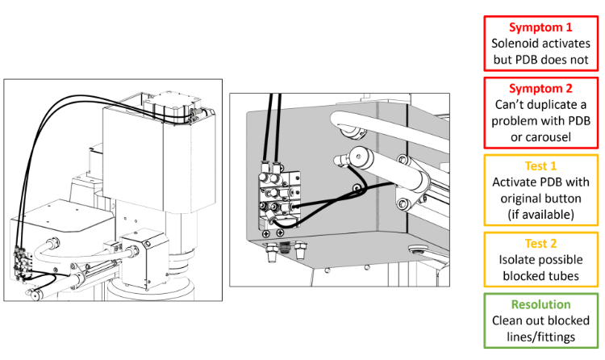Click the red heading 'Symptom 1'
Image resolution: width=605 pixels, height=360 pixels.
pos(540,27)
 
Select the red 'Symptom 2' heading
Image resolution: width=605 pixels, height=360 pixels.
pos(540,89)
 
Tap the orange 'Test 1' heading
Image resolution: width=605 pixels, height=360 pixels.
pos(540,166)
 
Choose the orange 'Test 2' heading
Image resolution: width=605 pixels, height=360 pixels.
pos(540,244)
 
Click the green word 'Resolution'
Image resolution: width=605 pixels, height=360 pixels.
pos(540,304)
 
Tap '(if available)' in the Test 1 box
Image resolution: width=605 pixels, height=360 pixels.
pos(540,215)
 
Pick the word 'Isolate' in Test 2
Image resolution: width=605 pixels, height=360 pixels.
pos(517,260)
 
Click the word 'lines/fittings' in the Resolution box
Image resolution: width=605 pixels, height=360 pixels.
pos(540,337)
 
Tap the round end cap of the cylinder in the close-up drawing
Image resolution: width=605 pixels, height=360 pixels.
pos(358,157)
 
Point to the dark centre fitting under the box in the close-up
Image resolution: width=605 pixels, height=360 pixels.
pos(285,246)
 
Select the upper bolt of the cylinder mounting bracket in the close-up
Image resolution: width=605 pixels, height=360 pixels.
pos(403,159)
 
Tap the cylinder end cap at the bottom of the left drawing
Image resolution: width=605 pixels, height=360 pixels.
pos(35,295)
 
